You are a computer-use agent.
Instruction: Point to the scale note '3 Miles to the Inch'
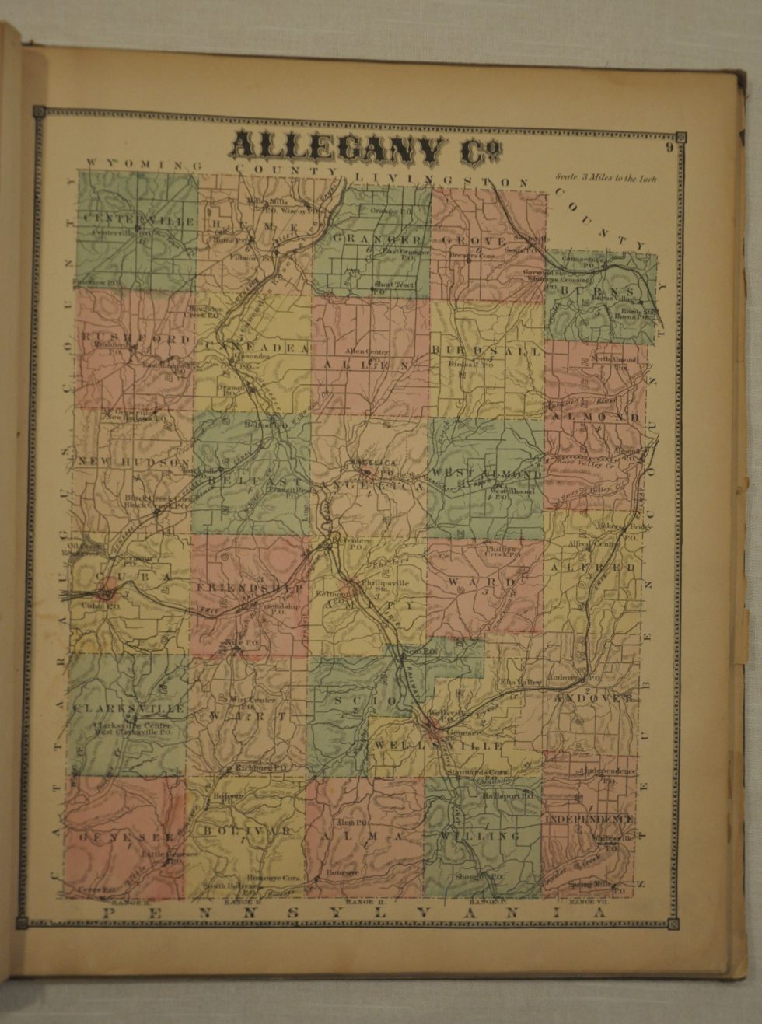[x=606, y=178]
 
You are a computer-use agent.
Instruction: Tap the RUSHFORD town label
[x=134, y=340]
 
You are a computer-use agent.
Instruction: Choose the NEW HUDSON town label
[x=133, y=462]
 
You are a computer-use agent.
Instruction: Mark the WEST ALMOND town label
[x=487, y=474]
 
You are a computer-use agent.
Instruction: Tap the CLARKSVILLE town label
[x=129, y=708]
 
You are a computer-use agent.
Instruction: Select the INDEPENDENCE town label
[x=589, y=820]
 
